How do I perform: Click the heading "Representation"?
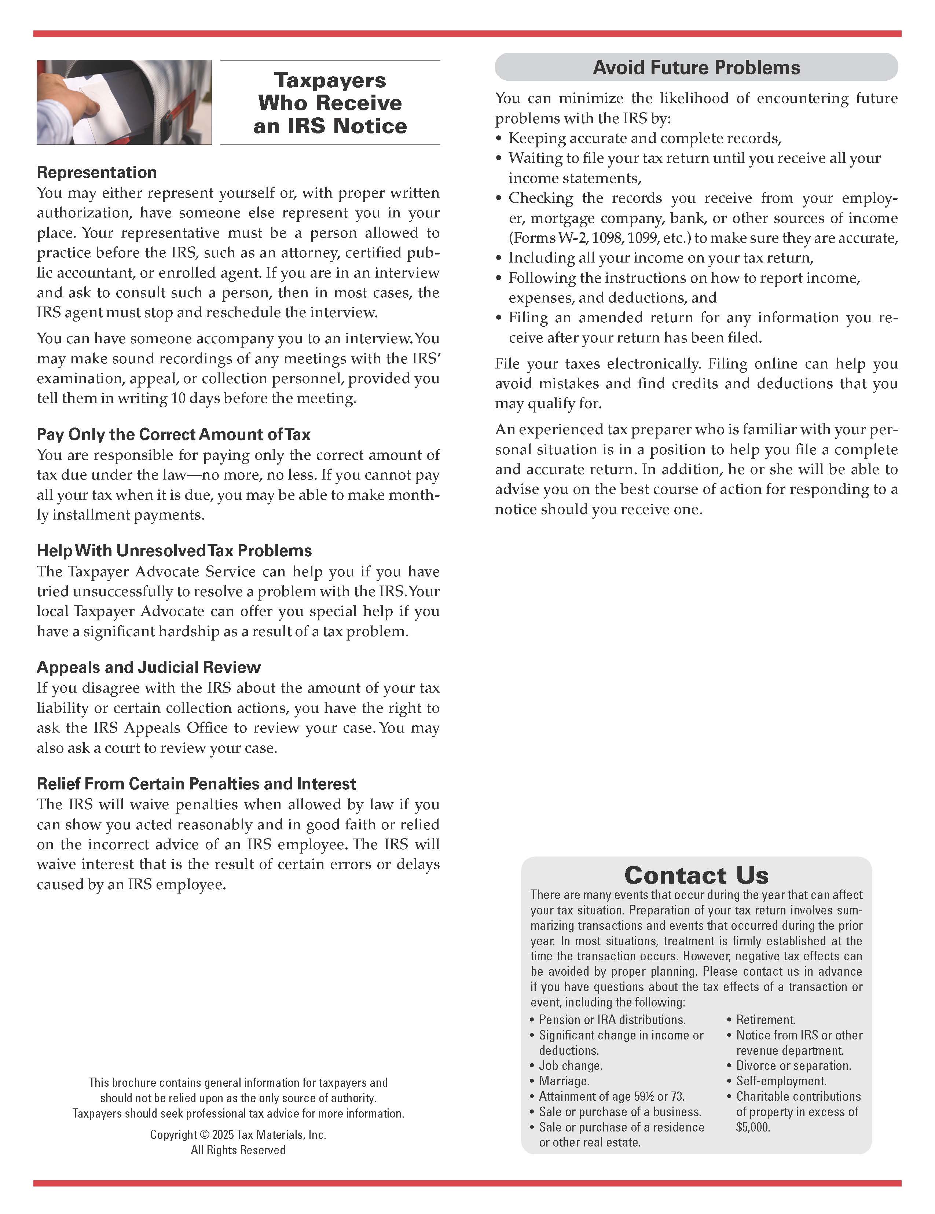[97, 172]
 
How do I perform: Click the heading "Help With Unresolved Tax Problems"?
[174, 550]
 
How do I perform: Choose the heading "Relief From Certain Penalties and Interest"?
[196, 784]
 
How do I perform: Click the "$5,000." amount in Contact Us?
[753, 1127]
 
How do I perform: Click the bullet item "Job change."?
[570, 1066]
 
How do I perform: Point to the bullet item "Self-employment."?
[781, 1081]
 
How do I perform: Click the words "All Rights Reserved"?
[238, 1150]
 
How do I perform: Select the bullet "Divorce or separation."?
[793, 1066]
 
